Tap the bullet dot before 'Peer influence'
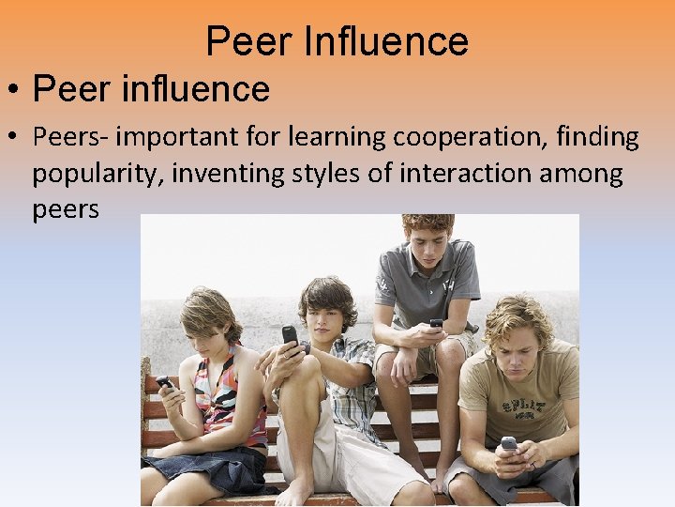coord(15,91)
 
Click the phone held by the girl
coord(165,382)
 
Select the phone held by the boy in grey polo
coord(436,323)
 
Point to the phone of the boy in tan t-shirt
coord(509,443)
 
